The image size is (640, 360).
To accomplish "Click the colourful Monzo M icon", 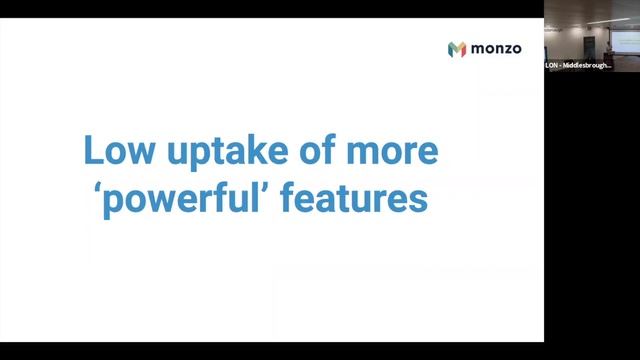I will pos(457,49).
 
